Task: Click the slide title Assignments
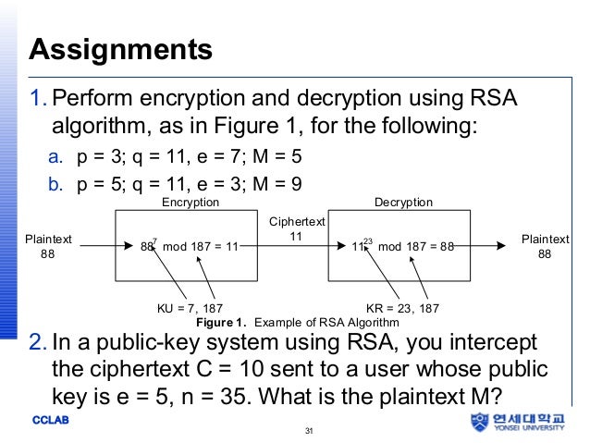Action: (x=121, y=47)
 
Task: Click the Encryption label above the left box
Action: (x=191, y=202)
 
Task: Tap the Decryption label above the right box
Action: (x=403, y=202)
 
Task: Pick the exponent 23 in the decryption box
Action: (x=368, y=240)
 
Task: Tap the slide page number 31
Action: (x=309, y=430)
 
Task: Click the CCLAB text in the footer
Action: (x=50, y=421)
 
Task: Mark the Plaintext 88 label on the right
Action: (x=545, y=246)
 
